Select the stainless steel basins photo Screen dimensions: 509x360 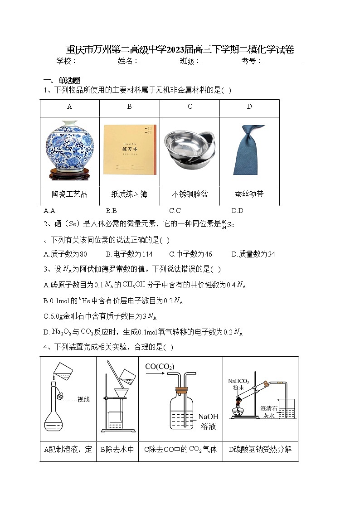(x=190, y=151)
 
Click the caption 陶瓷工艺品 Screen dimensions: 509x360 (x=69, y=194)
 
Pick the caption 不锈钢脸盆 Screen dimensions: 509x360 (x=190, y=194)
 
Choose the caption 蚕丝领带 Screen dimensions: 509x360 (x=249, y=194)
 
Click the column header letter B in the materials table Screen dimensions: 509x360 (x=129, y=107)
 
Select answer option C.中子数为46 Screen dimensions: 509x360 (x=190, y=254)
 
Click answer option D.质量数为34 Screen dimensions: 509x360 (x=253, y=254)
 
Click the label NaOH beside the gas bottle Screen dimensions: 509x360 (x=208, y=417)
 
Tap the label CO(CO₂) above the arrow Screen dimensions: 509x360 (x=160, y=366)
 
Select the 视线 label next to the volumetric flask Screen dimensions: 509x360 (x=84, y=399)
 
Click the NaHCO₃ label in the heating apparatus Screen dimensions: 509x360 (x=239, y=381)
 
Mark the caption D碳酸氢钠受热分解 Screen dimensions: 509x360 (x=260, y=450)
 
